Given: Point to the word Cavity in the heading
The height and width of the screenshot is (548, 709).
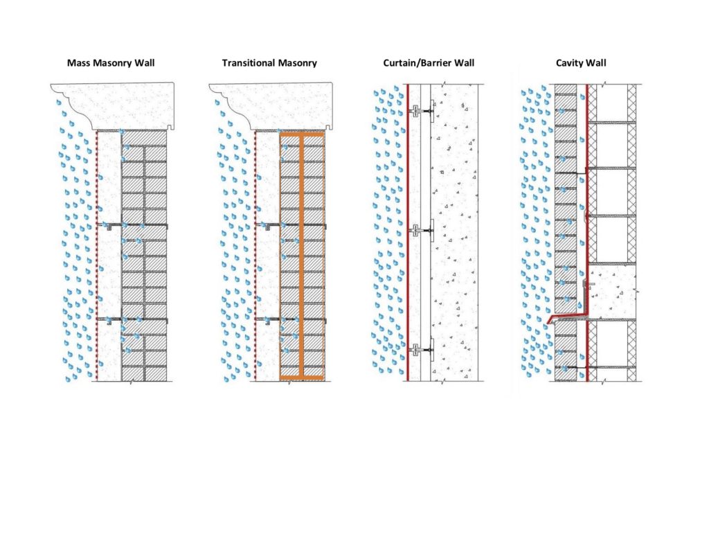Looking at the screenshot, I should point(571,63).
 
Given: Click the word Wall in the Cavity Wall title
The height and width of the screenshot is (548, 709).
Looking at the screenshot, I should point(597,63).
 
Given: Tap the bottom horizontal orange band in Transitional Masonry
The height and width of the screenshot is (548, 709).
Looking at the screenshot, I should point(303,378).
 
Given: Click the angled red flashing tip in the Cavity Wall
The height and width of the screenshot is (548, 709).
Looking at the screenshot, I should point(552,321).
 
